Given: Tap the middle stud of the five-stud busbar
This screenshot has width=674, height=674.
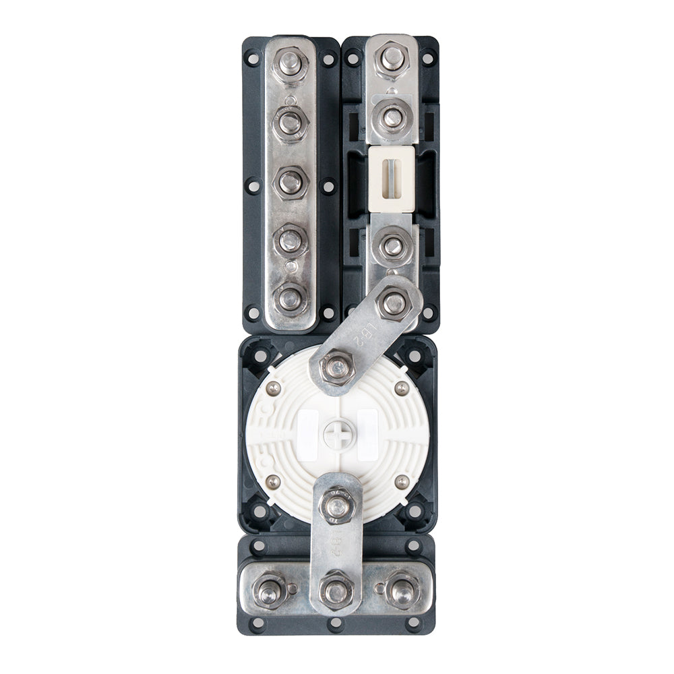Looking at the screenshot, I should point(290,181).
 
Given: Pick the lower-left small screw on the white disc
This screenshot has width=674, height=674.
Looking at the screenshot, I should point(273,481).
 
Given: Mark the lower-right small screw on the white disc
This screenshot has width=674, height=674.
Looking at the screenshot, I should point(401,481).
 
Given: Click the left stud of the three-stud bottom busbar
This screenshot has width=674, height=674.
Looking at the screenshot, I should point(270,590).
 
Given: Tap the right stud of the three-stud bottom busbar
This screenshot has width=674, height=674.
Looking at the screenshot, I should point(401,590).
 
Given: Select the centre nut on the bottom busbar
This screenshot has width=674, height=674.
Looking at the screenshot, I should point(336,590).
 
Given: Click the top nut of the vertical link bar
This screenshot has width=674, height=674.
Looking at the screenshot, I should point(336,503).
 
